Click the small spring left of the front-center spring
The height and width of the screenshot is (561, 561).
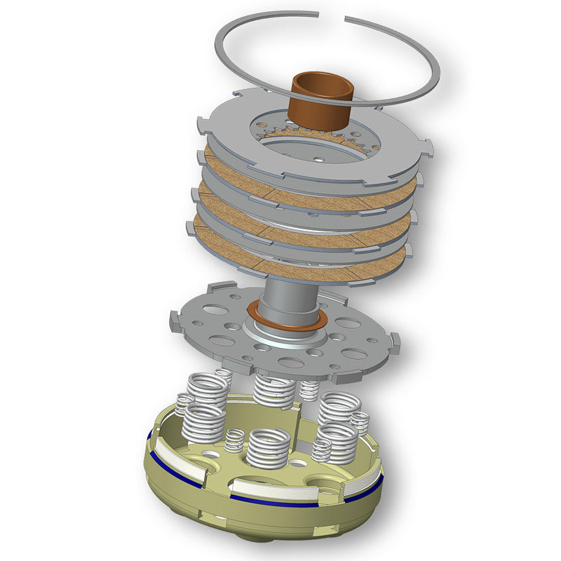coord(234,440)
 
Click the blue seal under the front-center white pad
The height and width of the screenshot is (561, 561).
coord(273,502)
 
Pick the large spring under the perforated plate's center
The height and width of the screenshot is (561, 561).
coord(273,390)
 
